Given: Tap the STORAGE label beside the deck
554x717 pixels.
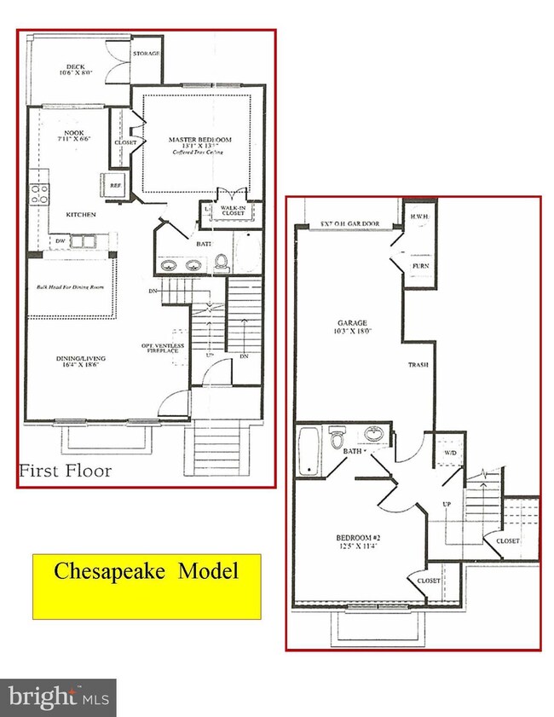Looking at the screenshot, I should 145,53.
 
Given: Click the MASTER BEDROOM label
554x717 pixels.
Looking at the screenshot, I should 199,139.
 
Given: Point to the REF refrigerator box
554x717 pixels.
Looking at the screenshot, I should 113,182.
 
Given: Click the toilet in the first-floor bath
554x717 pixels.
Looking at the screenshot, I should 222,262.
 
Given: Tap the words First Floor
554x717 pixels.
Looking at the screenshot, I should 66,471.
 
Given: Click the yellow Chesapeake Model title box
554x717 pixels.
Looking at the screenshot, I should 146,585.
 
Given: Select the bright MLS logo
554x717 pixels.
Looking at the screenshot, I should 58,697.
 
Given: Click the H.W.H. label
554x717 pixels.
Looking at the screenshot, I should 419,217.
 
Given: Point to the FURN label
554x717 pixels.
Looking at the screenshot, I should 421,266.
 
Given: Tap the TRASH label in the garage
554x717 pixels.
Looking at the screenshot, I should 418,365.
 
